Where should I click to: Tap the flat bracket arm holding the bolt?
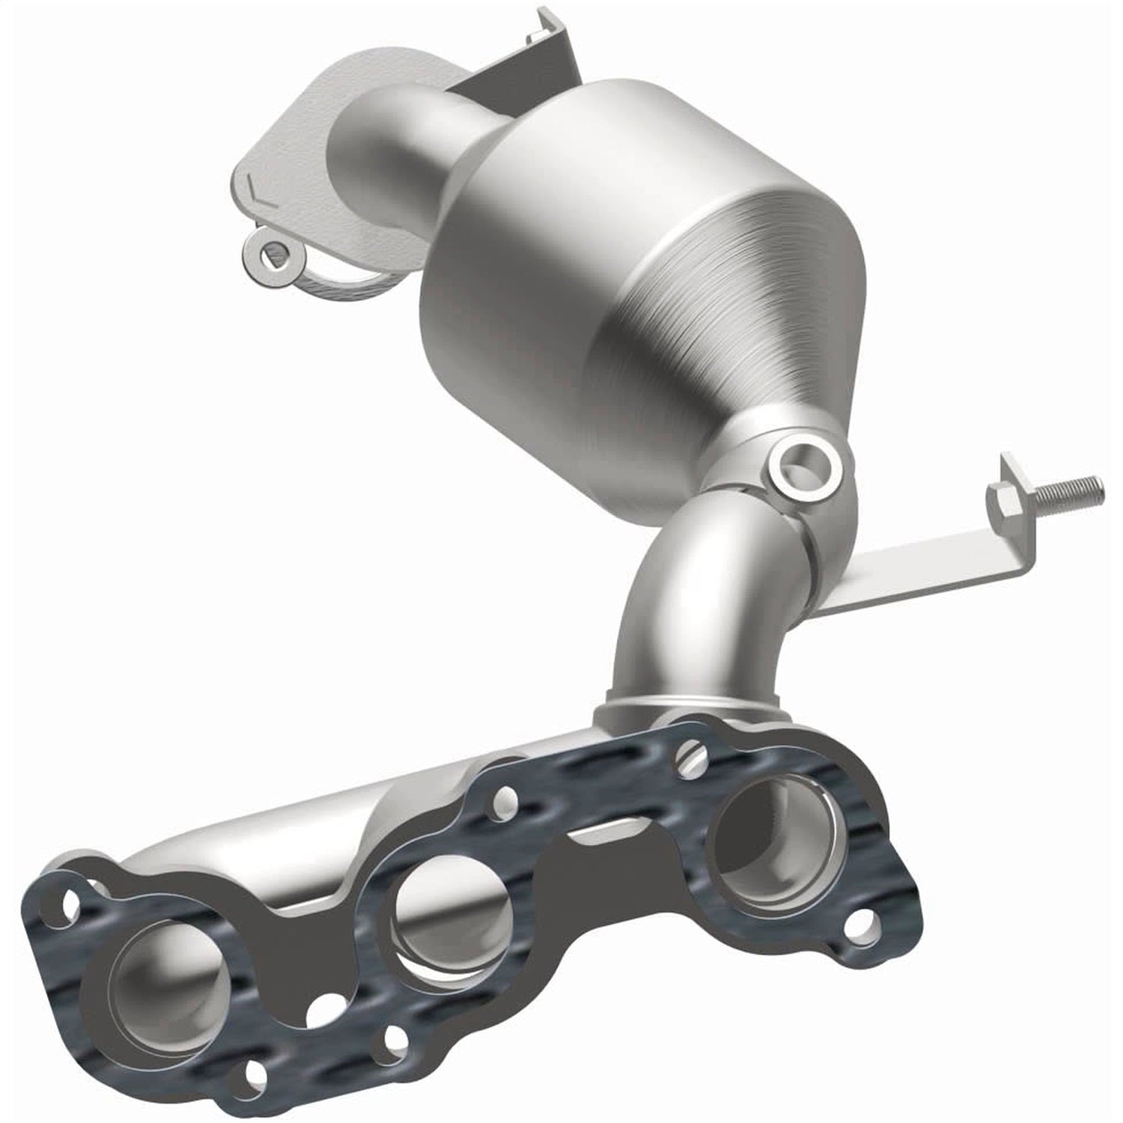(921, 565)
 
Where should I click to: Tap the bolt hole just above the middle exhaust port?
(507, 805)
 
